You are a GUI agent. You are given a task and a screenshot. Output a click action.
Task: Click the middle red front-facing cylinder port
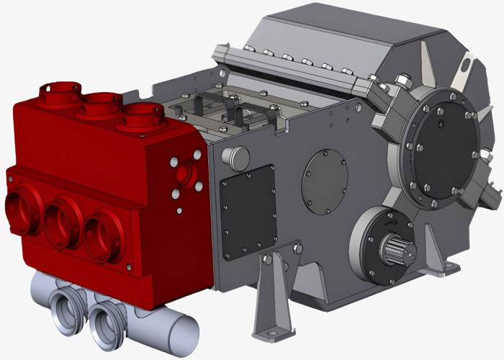pos(63,220)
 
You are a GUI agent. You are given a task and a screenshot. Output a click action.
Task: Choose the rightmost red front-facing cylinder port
pos(103,235)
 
